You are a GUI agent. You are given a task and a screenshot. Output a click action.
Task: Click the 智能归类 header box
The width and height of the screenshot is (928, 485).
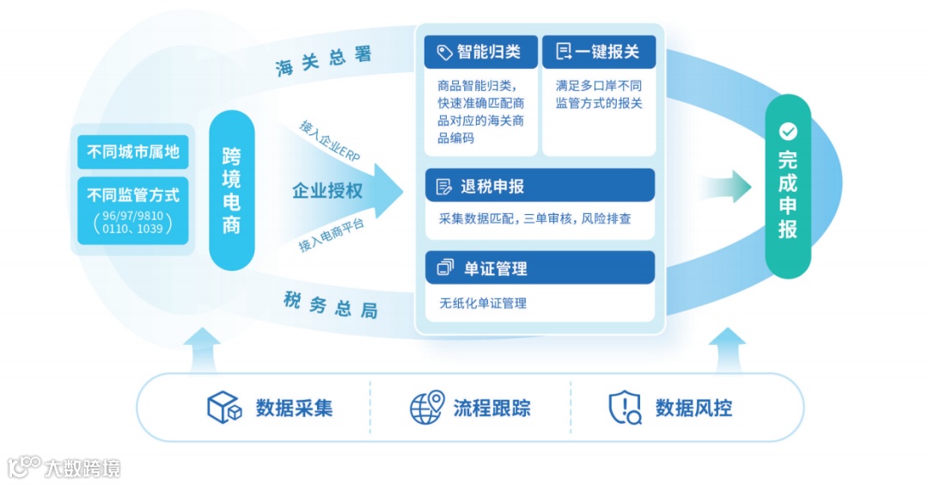480,52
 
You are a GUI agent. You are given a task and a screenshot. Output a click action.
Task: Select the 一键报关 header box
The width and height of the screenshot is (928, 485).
598,52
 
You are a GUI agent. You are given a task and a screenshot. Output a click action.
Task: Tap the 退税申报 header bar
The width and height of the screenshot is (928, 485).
540,186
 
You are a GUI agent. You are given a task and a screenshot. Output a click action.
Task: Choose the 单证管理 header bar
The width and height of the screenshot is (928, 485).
540,268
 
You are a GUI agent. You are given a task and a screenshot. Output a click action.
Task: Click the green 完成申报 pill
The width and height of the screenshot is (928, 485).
788,186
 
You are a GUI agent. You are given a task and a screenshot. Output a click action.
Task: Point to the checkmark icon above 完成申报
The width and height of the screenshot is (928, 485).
788,131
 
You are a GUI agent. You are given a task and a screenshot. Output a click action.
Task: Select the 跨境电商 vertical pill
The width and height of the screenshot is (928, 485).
232,190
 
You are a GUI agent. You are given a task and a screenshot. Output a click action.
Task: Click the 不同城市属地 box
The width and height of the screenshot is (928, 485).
133,152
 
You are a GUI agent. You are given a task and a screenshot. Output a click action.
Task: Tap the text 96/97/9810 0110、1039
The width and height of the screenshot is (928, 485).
133,223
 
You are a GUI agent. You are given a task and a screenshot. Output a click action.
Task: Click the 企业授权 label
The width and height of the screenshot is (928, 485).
327,191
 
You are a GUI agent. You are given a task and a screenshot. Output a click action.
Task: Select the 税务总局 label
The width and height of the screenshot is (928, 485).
330,304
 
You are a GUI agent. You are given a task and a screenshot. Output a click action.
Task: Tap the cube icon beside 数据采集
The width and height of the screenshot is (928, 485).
224,408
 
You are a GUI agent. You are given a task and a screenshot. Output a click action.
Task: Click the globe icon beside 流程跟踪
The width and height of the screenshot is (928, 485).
426,408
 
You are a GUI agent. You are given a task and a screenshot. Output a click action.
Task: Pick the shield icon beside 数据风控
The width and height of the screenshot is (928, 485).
625,408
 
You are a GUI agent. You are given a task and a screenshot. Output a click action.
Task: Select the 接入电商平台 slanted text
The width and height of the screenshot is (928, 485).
332,234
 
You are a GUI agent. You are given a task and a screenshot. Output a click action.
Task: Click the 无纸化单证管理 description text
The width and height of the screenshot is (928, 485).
483,303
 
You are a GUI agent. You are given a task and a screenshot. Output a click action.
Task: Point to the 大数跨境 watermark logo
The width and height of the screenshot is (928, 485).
64,467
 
